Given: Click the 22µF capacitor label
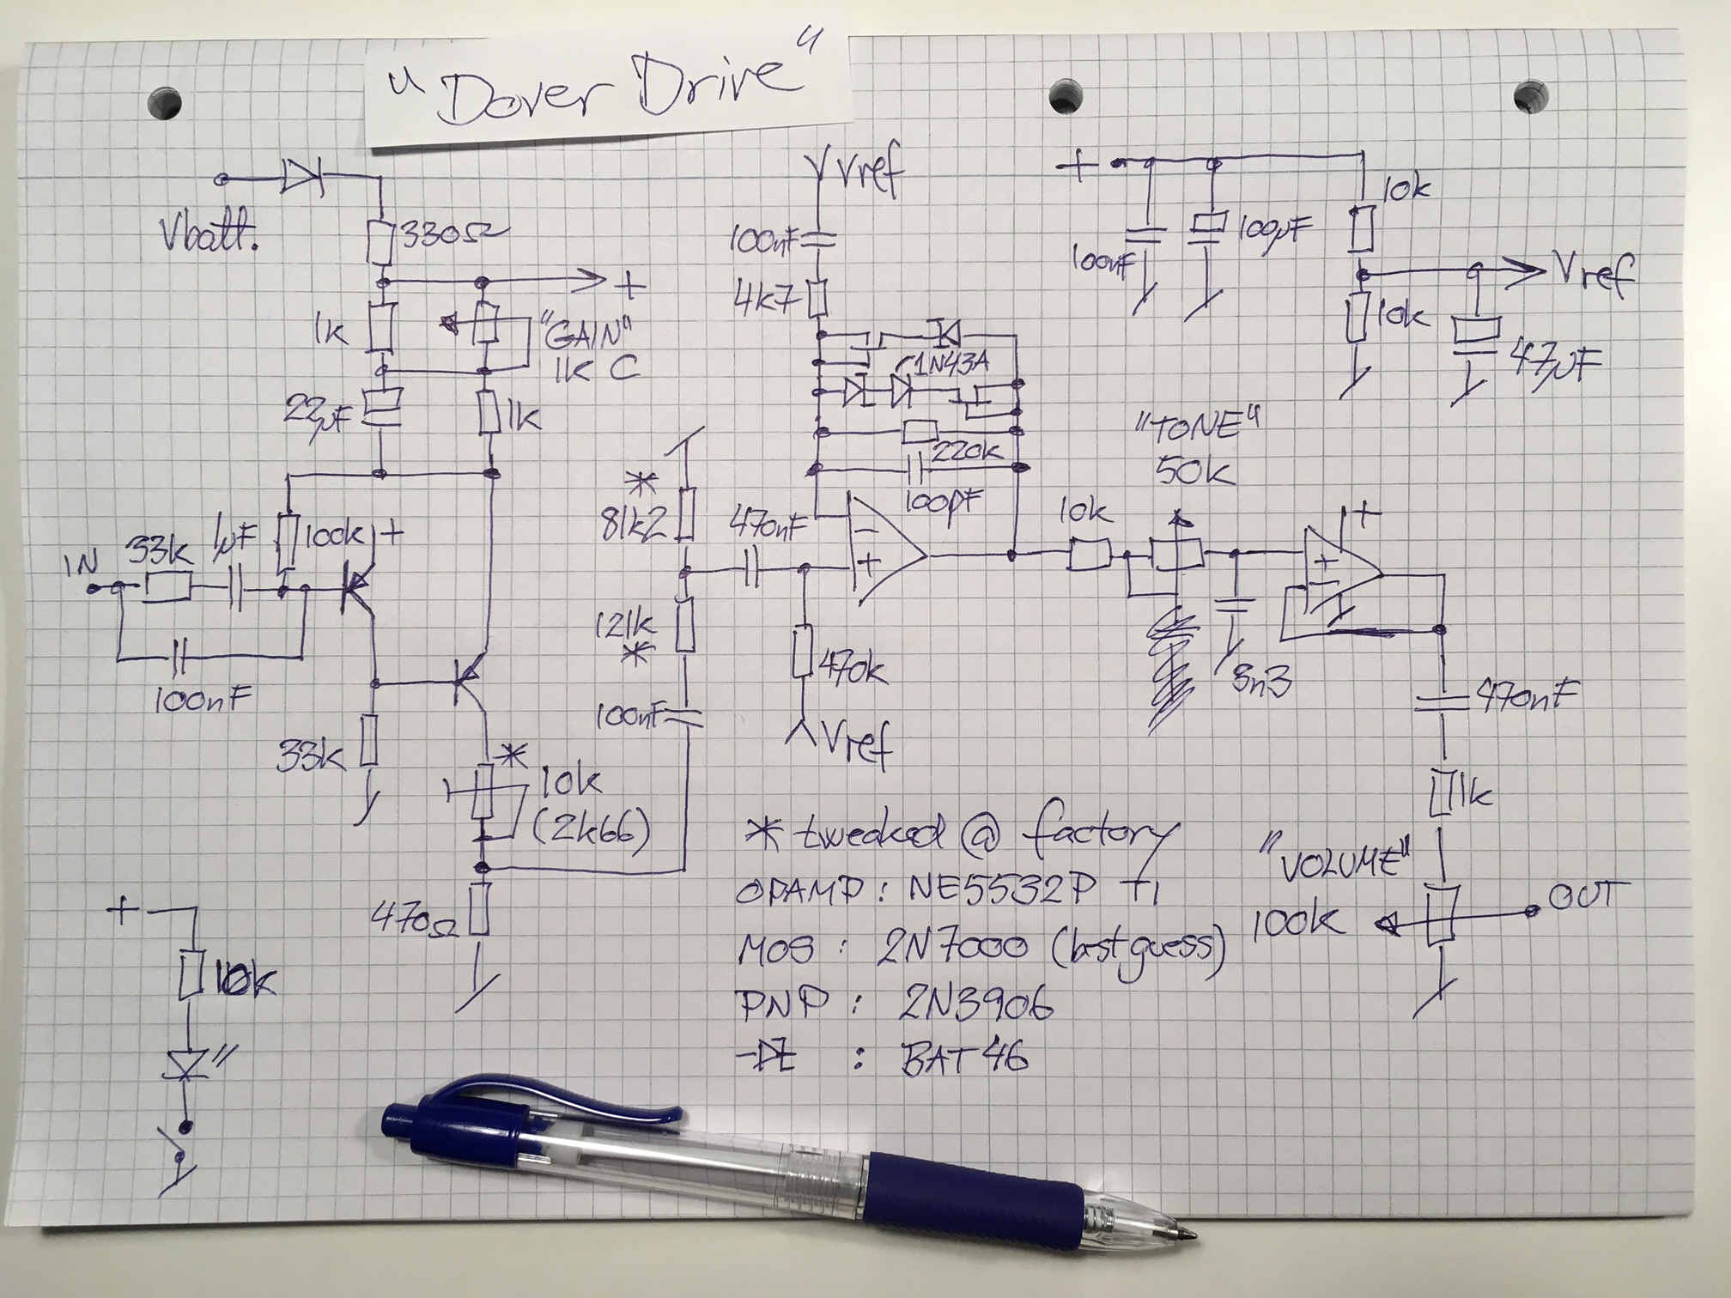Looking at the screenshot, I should [x=314, y=415].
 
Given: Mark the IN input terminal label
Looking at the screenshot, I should [x=82, y=566].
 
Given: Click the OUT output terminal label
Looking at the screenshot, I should [x=1581, y=896].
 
